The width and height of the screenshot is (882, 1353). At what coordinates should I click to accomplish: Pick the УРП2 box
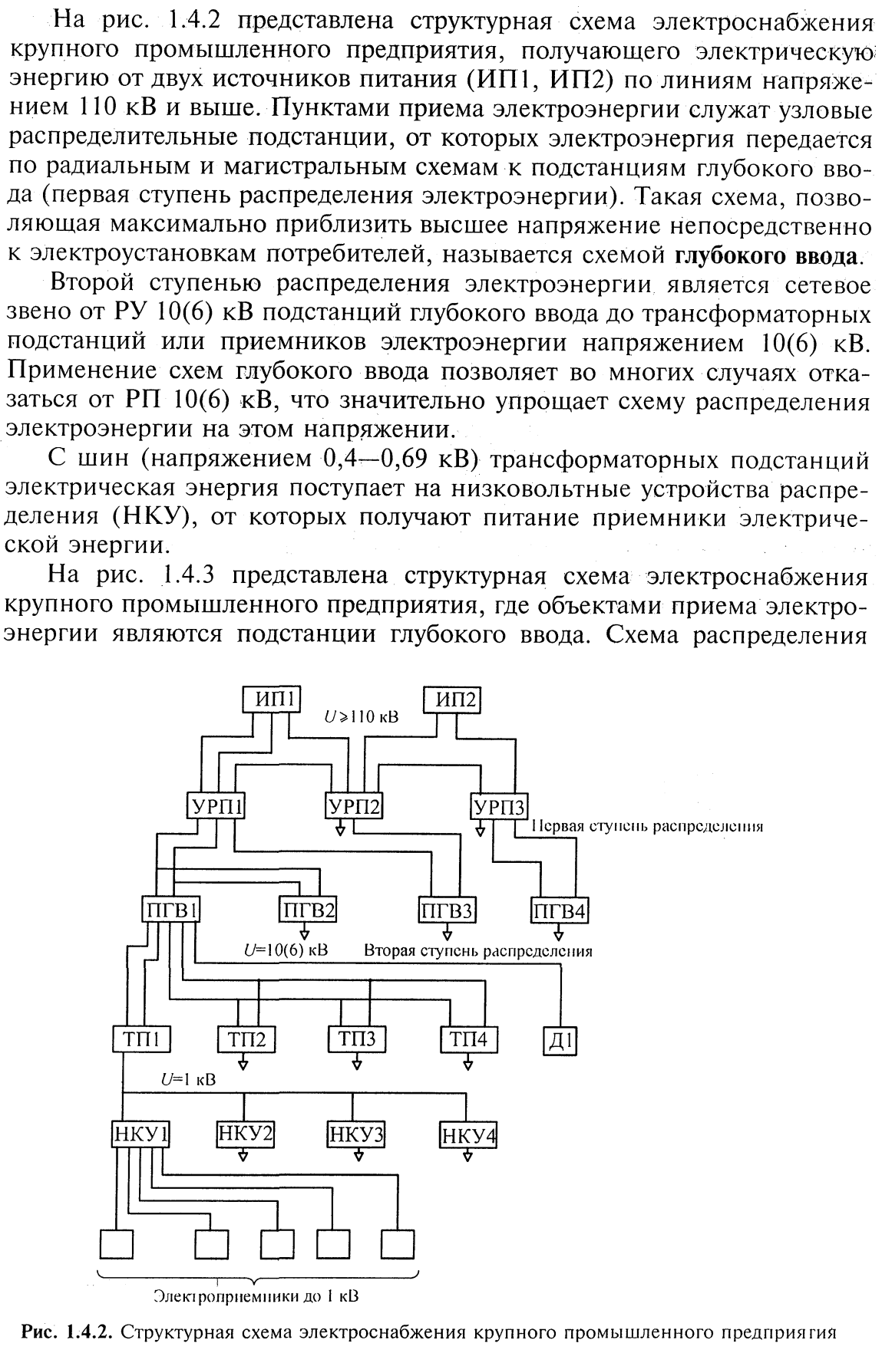(353, 807)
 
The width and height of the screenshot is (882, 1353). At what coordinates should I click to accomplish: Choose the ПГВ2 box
(307, 910)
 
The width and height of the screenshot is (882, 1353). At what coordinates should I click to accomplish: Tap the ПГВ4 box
(560, 910)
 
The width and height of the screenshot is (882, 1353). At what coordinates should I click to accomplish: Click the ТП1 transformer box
(140, 1039)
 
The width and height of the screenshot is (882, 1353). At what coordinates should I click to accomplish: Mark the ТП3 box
(356, 1039)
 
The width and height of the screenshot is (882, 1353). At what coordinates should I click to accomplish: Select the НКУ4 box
(467, 1134)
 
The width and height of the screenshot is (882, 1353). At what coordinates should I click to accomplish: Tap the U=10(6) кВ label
(285, 950)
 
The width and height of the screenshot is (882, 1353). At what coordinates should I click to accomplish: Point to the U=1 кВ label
(188, 1079)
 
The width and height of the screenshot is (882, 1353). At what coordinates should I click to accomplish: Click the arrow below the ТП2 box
(244, 1064)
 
